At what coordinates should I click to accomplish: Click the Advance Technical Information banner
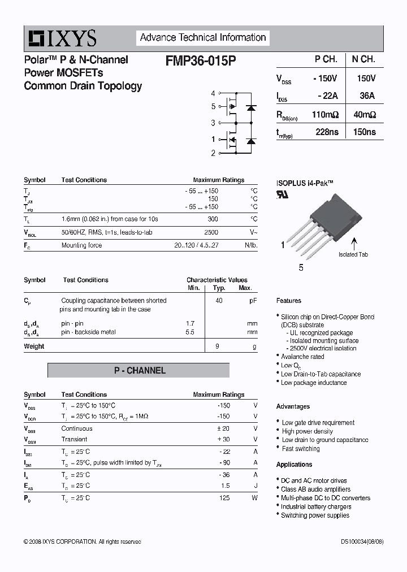coord(202,38)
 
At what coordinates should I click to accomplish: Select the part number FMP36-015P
coord(201,60)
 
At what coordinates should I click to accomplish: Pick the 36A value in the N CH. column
coord(367,96)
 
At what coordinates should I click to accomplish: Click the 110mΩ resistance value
coord(325,114)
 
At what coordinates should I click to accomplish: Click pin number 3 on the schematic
coord(213,123)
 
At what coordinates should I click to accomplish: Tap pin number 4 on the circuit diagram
coord(213,93)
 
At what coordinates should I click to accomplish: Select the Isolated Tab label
coord(353,254)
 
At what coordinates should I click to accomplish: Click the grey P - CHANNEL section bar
coord(138,371)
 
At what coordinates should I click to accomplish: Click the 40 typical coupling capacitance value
coord(219,301)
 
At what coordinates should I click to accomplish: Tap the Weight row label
coord(34,346)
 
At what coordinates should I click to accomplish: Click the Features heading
coord(289,301)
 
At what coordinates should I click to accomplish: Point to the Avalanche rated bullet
coord(302,357)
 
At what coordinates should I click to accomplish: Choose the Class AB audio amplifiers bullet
coord(315,489)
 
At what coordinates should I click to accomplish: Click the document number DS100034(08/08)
coord(362,541)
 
